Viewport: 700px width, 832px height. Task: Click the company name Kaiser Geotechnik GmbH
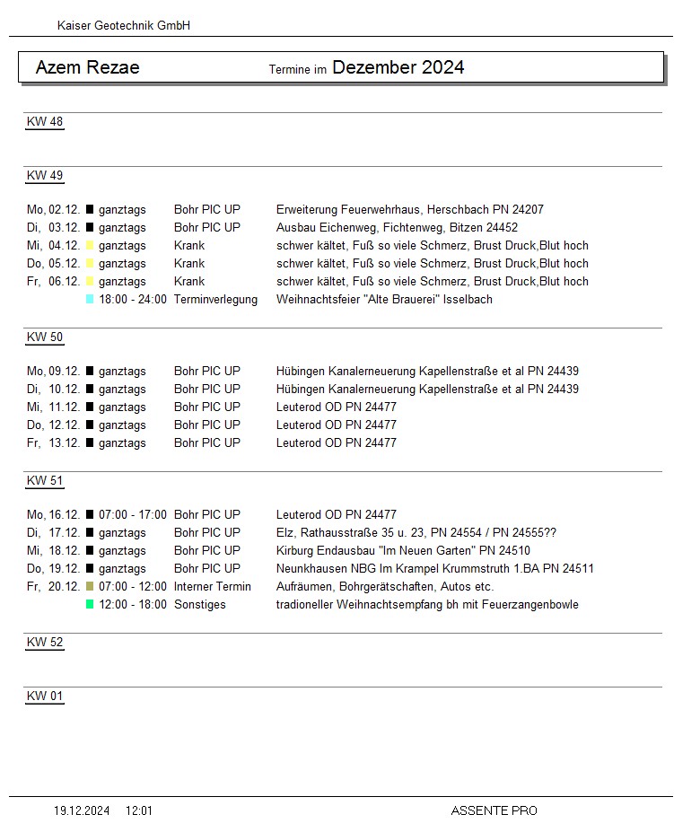tap(124, 26)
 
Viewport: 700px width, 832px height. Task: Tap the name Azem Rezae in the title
tap(87, 67)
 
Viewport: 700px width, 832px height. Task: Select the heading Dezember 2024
tap(398, 67)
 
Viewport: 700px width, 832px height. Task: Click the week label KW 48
tap(45, 122)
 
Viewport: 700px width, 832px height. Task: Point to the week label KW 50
tap(45, 337)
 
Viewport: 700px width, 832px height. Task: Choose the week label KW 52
tap(45, 643)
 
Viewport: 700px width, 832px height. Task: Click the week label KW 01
tap(45, 696)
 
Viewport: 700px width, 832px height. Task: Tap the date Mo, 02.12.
tap(54, 209)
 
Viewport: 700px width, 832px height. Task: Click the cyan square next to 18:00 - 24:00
tap(90, 299)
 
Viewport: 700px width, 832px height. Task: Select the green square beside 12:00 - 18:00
tap(90, 604)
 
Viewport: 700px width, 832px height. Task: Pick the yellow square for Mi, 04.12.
tap(90, 245)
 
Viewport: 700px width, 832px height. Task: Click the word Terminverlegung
tap(215, 299)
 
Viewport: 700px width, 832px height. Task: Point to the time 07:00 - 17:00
tap(133, 514)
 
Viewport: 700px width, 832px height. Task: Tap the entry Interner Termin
tap(213, 586)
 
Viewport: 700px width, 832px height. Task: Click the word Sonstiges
tap(200, 604)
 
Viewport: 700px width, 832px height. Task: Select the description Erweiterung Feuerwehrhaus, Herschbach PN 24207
tap(409, 209)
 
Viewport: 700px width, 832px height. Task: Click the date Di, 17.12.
tap(54, 532)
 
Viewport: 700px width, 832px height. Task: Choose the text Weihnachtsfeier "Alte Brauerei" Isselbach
tap(384, 299)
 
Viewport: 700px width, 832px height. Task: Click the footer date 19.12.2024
tap(82, 810)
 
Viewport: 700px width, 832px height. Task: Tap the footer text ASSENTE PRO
tap(494, 810)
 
